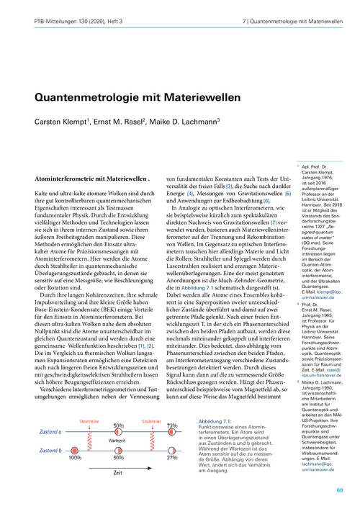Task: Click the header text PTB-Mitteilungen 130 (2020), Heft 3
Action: click(x=71, y=23)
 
